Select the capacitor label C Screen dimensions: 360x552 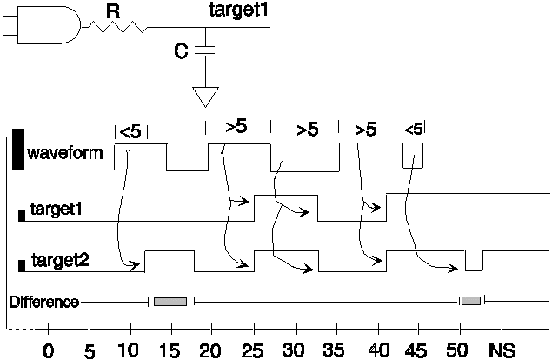[x=181, y=52]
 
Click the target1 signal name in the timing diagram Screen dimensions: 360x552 [x=57, y=210]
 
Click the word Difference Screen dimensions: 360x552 [x=44, y=302]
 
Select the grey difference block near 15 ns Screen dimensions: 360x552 [x=170, y=301]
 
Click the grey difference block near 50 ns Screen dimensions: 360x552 [x=471, y=300]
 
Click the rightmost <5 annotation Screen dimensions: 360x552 [x=414, y=129]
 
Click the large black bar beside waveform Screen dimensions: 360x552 [x=18, y=150]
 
